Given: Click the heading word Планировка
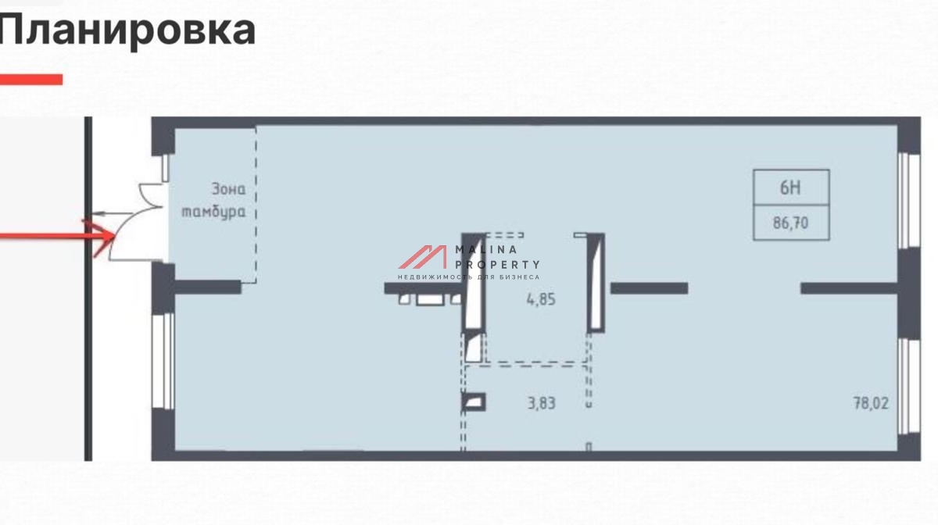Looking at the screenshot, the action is [x=127, y=30].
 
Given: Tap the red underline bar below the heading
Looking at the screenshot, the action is [x=31, y=79].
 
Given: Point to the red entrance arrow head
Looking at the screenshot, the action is [x=102, y=237].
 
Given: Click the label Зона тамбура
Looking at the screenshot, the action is [x=213, y=201].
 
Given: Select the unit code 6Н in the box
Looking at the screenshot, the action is [x=790, y=187].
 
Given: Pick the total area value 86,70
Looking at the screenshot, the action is [x=790, y=223].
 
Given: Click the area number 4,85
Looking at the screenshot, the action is [x=541, y=299].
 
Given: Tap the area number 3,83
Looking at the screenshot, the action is [x=542, y=403].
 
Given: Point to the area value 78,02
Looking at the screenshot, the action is [x=871, y=403].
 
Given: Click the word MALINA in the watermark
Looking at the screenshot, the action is [x=486, y=249].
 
